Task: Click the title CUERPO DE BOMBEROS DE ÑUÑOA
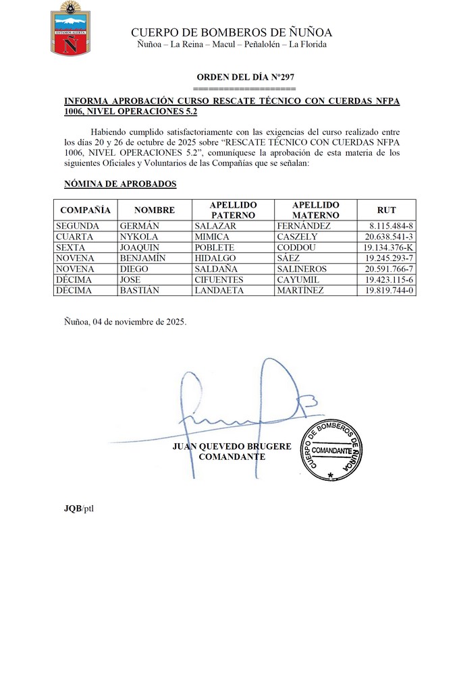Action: pyautogui.click(x=232, y=32)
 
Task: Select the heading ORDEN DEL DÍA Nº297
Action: pyautogui.click(x=245, y=78)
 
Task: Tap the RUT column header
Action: pyautogui.click(x=386, y=210)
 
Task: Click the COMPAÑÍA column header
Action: pyautogui.click(x=85, y=210)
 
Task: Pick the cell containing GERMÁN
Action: pyautogui.click(x=139, y=226)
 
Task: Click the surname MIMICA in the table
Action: pyautogui.click(x=213, y=237)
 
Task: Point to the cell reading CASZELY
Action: pyautogui.click(x=298, y=237)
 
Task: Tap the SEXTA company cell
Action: pyautogui.click(x=71, y=248)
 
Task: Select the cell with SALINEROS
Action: pyautogui.click(x=302, y=269)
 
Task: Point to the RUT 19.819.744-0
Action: pyautogui.click(x=389, y=291)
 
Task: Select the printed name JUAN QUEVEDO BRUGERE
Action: pyautogui.click(x=232, y=446)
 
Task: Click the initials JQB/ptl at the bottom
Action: pyautogui.click(x=74, y=508)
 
